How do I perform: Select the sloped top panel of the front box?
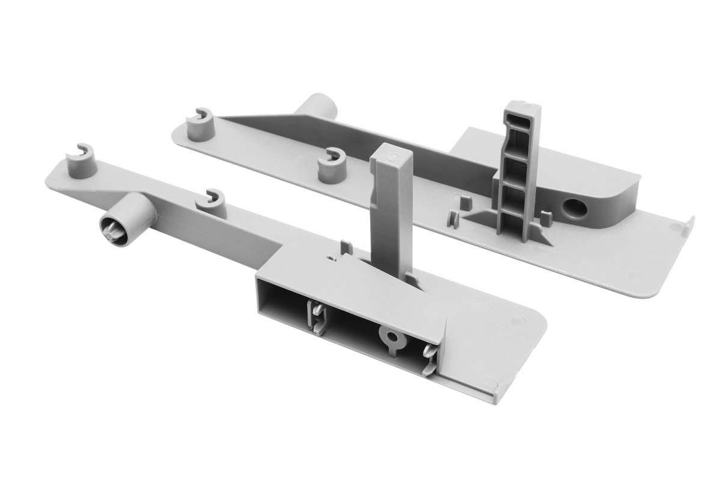(336, 273)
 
